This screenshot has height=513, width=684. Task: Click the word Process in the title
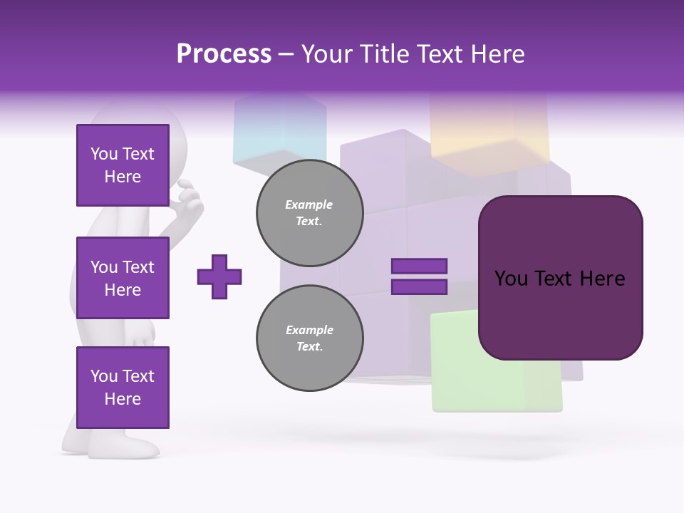[x=224, y=54]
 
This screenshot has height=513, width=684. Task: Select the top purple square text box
[x=123, y=165]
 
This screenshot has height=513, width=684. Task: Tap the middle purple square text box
[x=123, y=278]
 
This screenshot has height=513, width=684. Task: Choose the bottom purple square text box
[x=123, y=387]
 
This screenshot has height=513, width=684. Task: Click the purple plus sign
[x=219, y=276]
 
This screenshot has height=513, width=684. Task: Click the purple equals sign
[x=419, y=276]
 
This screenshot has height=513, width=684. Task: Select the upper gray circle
[x=310, y=212]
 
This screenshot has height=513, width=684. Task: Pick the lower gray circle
[x=310, y=338]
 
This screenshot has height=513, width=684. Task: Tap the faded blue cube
[x=278, y=132]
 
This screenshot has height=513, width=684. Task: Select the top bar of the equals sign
[x=419, y=266]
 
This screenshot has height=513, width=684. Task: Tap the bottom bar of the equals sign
[x=419, y=287]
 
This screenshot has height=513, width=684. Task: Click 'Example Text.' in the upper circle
[x=309, y=212]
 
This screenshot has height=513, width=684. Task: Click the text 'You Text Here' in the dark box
[x=560, y=279]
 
